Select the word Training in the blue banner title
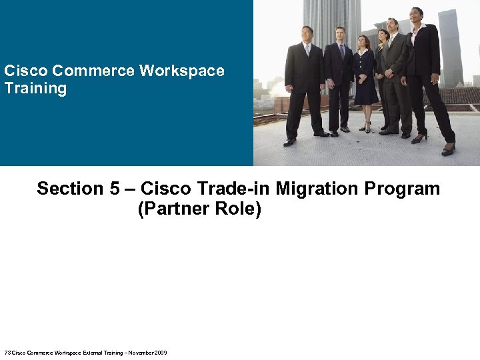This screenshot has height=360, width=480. click(x=35, y=89)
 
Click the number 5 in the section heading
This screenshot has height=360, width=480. click(x=111, y=189)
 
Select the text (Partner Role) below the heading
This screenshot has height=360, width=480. click(x=199, y=209)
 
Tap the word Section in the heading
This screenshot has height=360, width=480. click(x=69, y=189)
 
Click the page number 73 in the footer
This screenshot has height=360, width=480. click(x=7, y=352)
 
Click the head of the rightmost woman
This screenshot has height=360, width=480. click(x=417, y=15)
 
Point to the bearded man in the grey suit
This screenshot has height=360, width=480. click(x=393, y=73)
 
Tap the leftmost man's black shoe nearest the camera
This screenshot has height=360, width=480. click(x=289, y=142)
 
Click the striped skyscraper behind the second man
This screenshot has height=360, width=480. click(x=331, y=20)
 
